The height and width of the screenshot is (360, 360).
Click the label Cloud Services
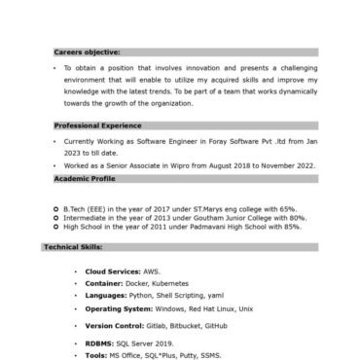(x=111, y=271)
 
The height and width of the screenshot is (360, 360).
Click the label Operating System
(x=118, y=307)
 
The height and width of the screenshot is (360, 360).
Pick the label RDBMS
(x=99, y=343)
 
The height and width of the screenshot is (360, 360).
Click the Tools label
(x=96, y=354)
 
